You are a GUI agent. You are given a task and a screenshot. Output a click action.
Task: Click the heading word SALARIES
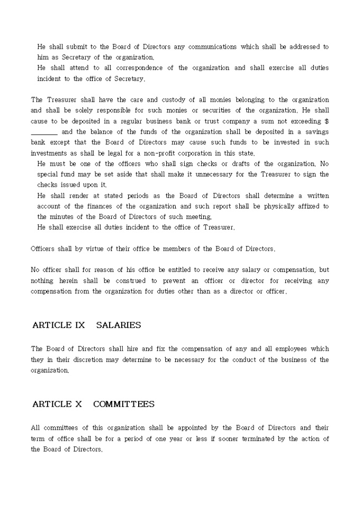119,325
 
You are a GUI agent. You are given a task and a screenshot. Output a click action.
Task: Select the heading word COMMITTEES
124,404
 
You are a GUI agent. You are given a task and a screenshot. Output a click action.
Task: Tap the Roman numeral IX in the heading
79,325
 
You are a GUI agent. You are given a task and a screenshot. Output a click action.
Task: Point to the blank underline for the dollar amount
44,132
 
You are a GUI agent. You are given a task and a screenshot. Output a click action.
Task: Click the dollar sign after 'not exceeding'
327,121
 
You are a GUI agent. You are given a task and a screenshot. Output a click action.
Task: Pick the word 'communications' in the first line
212,47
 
